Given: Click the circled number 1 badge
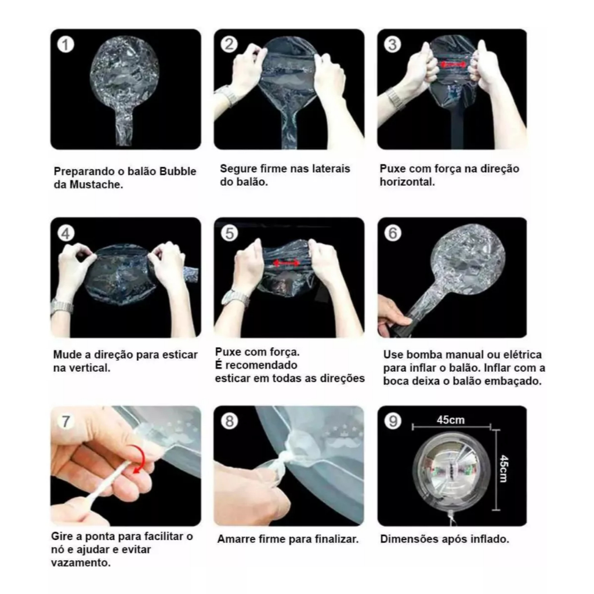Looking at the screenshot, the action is coord(66,45).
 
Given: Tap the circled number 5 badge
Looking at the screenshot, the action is coord(229,233).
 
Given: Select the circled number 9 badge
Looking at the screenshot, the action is coord(393,421).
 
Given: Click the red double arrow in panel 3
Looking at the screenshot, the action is coord(454,65).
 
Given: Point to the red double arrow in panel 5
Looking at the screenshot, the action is coord(287,263).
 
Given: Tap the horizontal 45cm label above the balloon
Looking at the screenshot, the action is coord(450,420).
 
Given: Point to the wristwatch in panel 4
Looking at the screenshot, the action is coord(61,306).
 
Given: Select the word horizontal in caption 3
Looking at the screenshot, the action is coord(407,182).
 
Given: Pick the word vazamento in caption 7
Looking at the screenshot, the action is coord(81,563).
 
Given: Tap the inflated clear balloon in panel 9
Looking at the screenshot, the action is coord(450,470).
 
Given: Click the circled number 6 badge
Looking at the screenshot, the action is coord(393,233).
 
